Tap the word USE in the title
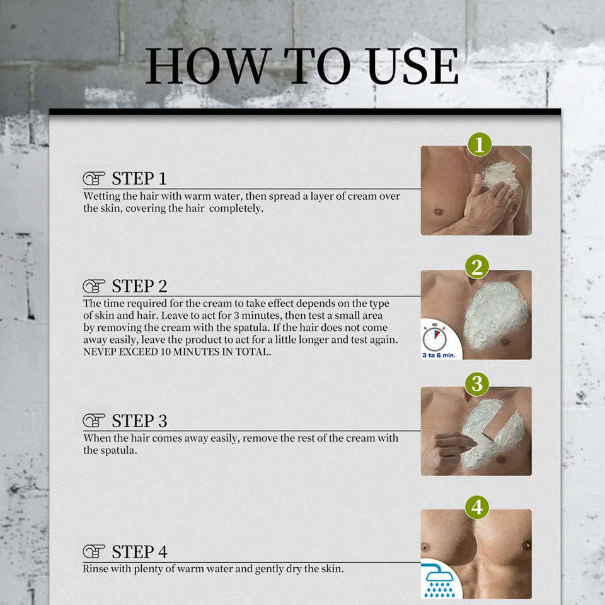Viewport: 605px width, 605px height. [x=413, y=66]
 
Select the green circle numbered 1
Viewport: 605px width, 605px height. [x=480, y=145]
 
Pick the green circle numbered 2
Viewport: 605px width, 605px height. [x=477, y=267]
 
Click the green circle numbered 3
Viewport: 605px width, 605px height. [x=477, y=384]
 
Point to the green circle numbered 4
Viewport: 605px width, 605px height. [x=477, y=507]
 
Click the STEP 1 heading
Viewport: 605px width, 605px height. [x=139, y=178]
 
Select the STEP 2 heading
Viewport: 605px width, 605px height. [x=139, y=286]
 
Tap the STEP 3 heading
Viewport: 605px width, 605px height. [x=139, y=421]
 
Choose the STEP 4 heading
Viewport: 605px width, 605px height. [x=139, y=552]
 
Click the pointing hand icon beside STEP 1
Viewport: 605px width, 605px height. [x=94, y=178]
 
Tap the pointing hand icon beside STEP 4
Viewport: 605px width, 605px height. [x=94, y=552]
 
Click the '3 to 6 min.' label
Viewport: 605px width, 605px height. [x=439, y=355]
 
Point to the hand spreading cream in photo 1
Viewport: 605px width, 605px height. [x=487, y=204]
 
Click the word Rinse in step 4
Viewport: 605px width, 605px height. [x=95, y=569]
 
